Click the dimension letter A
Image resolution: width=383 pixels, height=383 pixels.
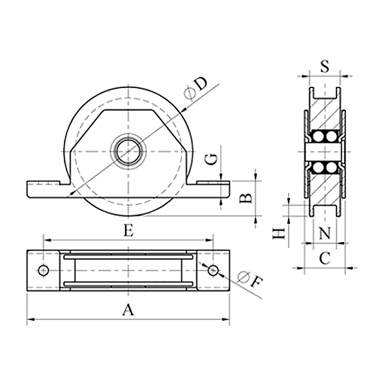(x=128, y=310)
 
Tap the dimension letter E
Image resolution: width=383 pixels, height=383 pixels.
(x=128, y=230)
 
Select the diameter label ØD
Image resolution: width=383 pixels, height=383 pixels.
(x=196, y=89)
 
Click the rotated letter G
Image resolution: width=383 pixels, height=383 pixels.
(x=211, y=160)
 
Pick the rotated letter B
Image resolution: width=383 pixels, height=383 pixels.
(x=245, y=198)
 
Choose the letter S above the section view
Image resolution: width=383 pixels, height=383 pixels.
(x=325, y=66)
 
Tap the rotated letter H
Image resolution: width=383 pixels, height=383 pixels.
(x=279, y=234)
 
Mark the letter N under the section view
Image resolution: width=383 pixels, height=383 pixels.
(x=325, y=233)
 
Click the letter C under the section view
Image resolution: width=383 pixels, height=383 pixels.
(x=325, y=258)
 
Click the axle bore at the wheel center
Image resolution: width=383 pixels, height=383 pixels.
(x=128, y=152)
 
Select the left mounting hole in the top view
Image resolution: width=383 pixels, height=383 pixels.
(x=43, y=271)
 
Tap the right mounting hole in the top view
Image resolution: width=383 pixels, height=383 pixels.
(x=213, y=271)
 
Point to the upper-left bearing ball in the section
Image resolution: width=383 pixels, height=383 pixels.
(x=319, y=137)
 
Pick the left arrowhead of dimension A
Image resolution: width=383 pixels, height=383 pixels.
(x=30, y=319)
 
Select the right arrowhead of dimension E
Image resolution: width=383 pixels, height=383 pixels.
(x=209, y=241)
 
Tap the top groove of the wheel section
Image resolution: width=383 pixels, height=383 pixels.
(x=325, y=93)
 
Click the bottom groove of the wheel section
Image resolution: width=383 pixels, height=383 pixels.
(x=325, y=211)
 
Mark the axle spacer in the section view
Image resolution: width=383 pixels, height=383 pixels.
(x=324, y=152)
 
